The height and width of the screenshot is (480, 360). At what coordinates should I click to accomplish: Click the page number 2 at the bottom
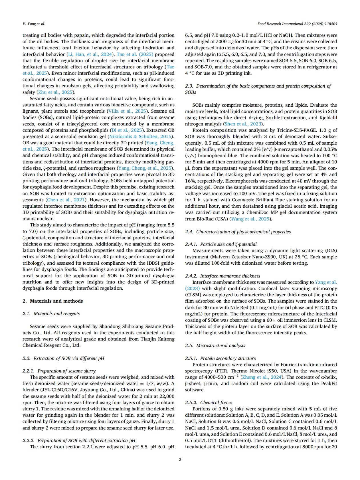tap(180, 459)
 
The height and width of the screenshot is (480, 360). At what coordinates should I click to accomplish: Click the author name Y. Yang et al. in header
tap(34, 24)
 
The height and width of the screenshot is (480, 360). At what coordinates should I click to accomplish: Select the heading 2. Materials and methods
tap(53, 301)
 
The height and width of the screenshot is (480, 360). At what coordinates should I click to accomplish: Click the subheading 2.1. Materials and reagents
tap(51, 313)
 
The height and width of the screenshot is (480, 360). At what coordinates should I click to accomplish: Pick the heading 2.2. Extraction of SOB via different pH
tap(63, 358)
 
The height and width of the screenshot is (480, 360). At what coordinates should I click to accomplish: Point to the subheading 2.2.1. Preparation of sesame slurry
tap(59, 371)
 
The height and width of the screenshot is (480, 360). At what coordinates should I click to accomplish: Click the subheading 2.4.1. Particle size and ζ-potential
tap(221, 244)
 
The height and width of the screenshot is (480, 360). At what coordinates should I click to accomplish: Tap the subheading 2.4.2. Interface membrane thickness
tap(223, 276)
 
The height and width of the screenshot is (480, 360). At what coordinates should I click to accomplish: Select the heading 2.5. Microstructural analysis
tap(215, 345)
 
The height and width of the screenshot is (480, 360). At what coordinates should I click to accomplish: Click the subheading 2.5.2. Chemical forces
tap(209, 402)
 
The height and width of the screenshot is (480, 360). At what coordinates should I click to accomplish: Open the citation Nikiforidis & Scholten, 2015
tap(141, 136)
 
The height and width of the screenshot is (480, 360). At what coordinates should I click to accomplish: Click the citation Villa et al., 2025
tap(127, 111)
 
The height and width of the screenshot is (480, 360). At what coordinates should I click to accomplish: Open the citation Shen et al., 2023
tap(243, 124)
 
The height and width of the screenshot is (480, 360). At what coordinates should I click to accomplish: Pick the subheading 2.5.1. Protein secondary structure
tap(220, 358)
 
